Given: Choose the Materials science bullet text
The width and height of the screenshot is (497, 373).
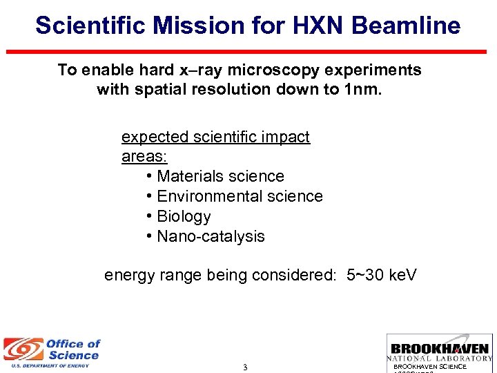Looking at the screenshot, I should (x=220, y=176).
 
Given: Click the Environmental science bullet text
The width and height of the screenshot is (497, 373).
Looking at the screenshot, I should (x=240, y=196).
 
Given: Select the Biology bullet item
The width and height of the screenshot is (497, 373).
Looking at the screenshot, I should (x=184, y=216).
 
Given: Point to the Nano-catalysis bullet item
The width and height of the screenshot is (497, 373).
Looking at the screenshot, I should (x=211, y=236).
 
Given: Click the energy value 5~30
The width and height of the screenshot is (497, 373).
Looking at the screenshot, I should (x=365, y=275).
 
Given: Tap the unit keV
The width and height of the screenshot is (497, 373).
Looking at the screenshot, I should (x=402, y=275).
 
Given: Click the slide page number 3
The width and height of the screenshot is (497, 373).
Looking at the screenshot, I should (x=245, y=367).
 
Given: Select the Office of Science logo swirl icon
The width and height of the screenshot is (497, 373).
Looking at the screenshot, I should (x=23, y=350).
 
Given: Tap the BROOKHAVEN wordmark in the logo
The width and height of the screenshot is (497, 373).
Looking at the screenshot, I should (x=440, y=349).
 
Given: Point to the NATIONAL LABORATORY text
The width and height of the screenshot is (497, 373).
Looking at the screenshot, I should (x=440, y=358).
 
